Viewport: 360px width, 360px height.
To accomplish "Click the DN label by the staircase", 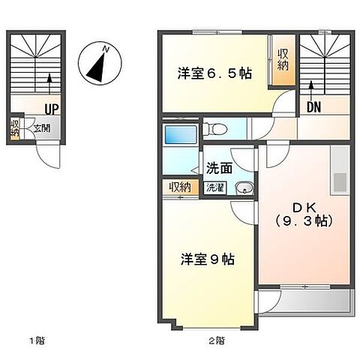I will tap(313, 107).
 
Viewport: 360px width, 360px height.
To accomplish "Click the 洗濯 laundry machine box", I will tap(215, 188).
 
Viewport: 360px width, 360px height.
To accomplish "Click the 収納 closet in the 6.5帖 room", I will tap(284, 58).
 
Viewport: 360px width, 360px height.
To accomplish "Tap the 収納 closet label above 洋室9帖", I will tap(179, 187).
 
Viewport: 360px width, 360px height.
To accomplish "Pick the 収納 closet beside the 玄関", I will tap(15, 128).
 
